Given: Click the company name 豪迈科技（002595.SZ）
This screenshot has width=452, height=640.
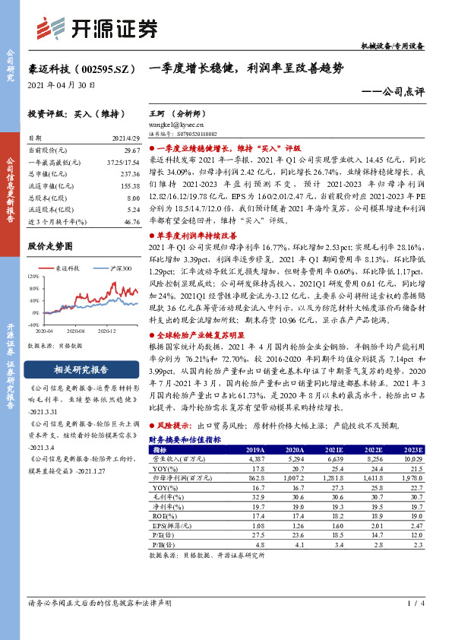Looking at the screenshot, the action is pos(83,68).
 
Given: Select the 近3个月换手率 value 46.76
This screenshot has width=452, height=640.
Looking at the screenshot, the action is pos(131,221).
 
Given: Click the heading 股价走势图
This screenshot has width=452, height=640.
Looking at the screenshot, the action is pos(49,246).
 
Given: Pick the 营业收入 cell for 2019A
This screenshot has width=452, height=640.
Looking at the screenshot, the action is pos(256,458).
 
